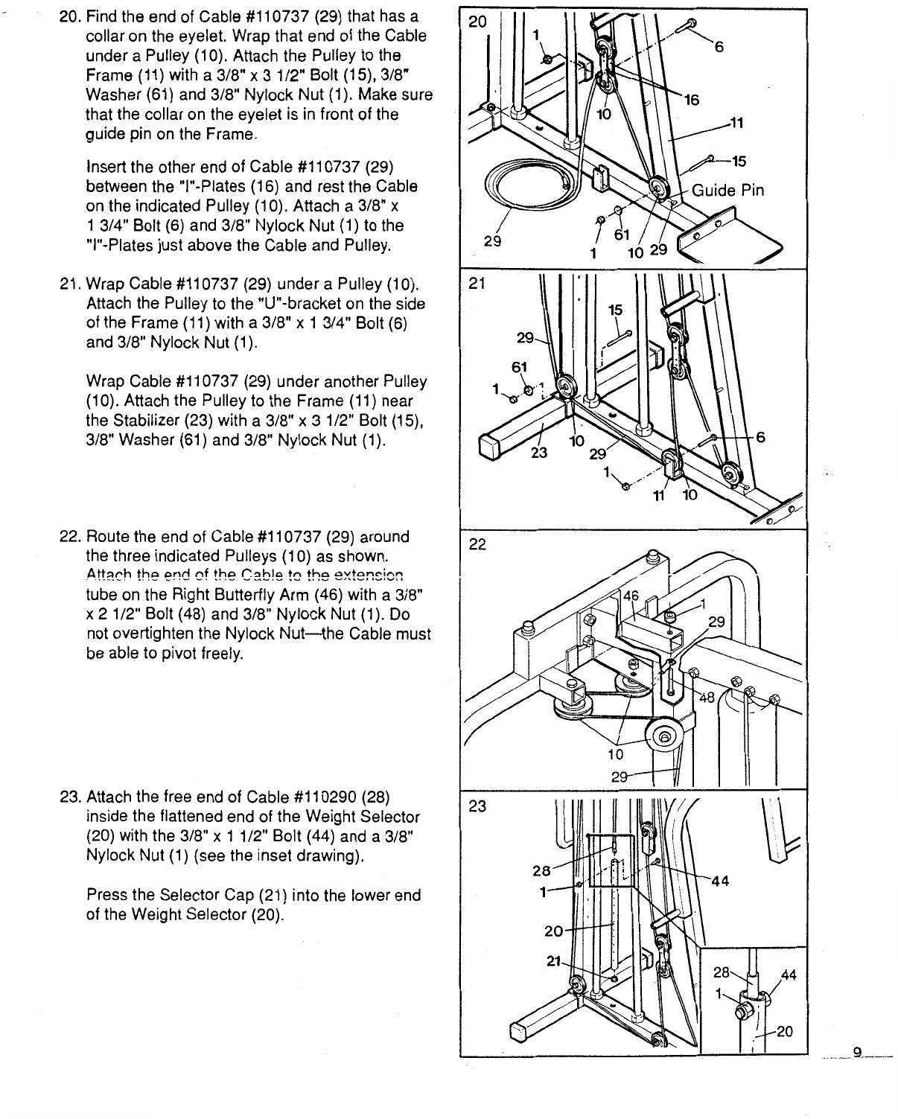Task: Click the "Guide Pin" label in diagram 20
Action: click(x=727, y=191)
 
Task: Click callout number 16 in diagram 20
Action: click(x=692, y=100)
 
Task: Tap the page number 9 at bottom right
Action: click(x=857, y=1052)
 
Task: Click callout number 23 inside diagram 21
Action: click(x=540, y=452)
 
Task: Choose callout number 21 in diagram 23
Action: click(x=554, y=961)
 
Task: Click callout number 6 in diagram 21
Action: click(x=760, y=438)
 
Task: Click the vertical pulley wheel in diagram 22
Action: click(x=663, y=739)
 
